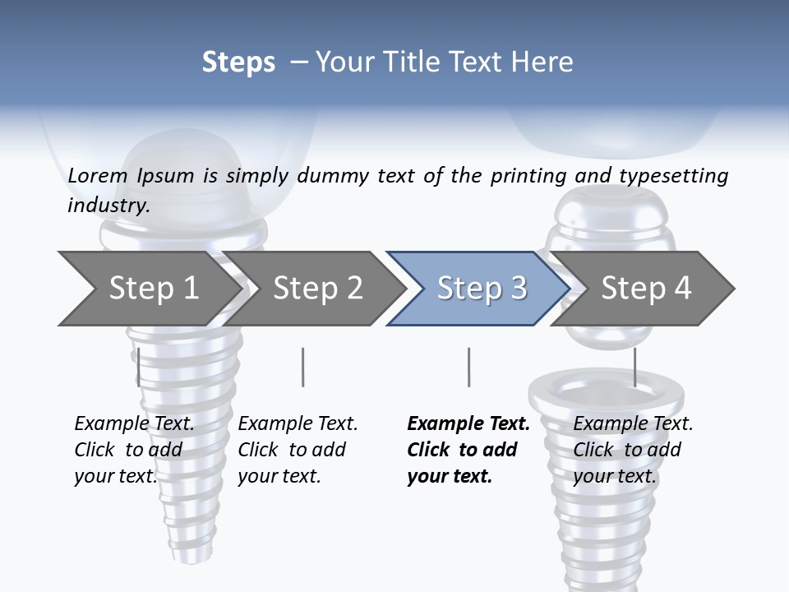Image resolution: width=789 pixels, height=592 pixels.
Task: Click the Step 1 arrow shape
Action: pyautogui.click(x=153, y=289)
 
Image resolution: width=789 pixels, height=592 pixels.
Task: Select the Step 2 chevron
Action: pyautogui.click(x=317, y=289)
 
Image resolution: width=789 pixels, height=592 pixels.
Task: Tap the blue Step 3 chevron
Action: pyautogui.click(x=482, y=289)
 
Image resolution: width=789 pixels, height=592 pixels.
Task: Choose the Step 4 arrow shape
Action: pyautogui.click(x=646, y=289)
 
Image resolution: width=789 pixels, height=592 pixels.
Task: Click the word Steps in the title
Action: pyautogui.click(x=238, y=62)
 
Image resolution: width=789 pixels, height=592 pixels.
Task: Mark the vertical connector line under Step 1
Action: pyautogui.click(x=138, y=367)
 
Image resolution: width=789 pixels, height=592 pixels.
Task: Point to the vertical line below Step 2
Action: pyautogui.click(x=303, y=367)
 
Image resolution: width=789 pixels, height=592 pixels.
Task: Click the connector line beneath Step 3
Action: pyautogui.click(x=468, y=367)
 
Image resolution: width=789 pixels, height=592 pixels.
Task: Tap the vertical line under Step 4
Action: pyautogui.click(x=634, y=367)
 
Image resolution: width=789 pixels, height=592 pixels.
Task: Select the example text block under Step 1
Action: pyautogui.click(x=134, y=450)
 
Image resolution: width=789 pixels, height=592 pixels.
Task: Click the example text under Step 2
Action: pyautogui.click(x=298, y=450)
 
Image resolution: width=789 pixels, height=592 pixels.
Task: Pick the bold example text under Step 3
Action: pyautogui.click(x=468, y=450)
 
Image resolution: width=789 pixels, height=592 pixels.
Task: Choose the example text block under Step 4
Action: pyautogui.click(x=633, y=450)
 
